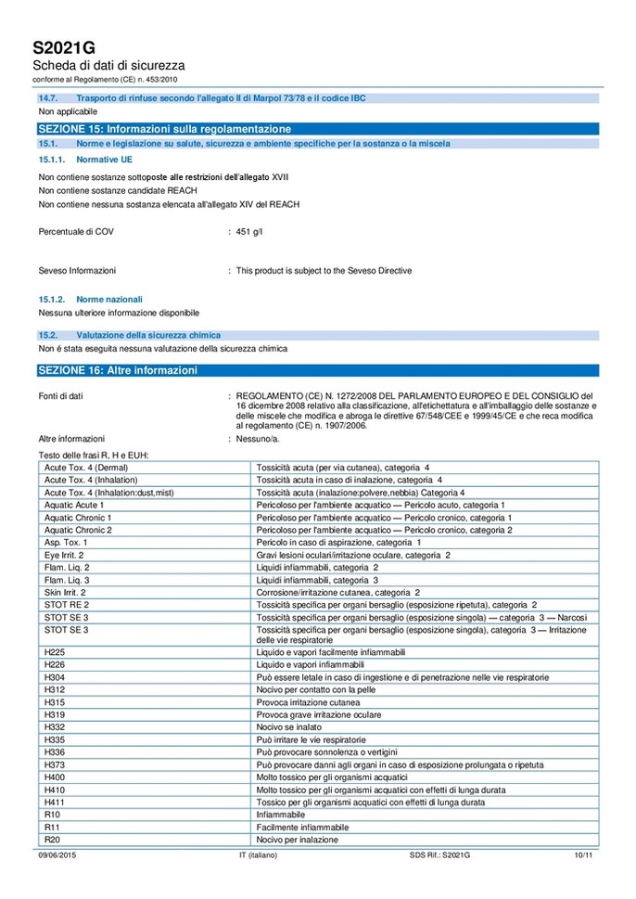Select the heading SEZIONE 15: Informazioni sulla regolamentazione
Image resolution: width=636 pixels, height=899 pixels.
tap(164, 128)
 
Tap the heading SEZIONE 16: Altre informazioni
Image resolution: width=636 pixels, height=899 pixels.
tap(117, 370)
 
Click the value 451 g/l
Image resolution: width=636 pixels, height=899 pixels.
tap(249, 232)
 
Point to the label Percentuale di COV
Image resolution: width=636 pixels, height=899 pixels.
tap(77, 232)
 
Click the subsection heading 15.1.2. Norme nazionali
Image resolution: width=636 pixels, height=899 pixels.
tap(91, 300)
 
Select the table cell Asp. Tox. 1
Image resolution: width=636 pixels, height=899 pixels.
tap(66, 542)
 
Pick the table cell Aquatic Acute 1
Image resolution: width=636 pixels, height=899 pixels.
tap(74, 505)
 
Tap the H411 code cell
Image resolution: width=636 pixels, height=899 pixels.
tap(55, 802)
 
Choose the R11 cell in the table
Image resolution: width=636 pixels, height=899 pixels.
tap(52, 827)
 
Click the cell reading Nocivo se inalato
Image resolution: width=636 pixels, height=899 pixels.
tap(294, 727)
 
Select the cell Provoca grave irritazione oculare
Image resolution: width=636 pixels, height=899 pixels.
tap(320, 715)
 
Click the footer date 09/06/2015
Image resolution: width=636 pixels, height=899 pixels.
tap(57, 854)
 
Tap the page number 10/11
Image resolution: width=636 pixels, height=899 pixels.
tap(583, 854)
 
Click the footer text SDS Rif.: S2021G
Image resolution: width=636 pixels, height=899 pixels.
tap(439, 854)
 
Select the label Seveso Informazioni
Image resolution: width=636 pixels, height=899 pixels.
tap(77, 271)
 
